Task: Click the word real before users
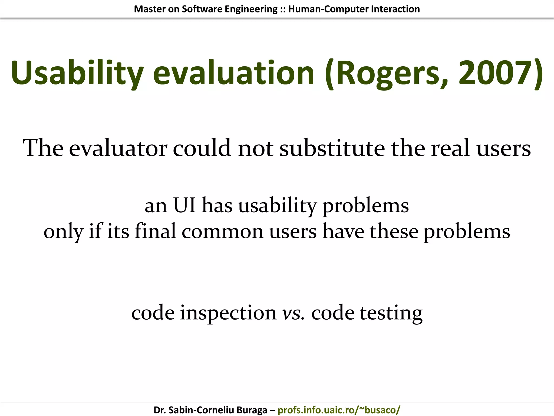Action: (450, 148)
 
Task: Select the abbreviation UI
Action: (184, 205)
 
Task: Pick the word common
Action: (222, 232)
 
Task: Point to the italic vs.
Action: (293, 313)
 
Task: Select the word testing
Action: (391, 313)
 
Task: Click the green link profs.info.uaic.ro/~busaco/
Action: (339, 410)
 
